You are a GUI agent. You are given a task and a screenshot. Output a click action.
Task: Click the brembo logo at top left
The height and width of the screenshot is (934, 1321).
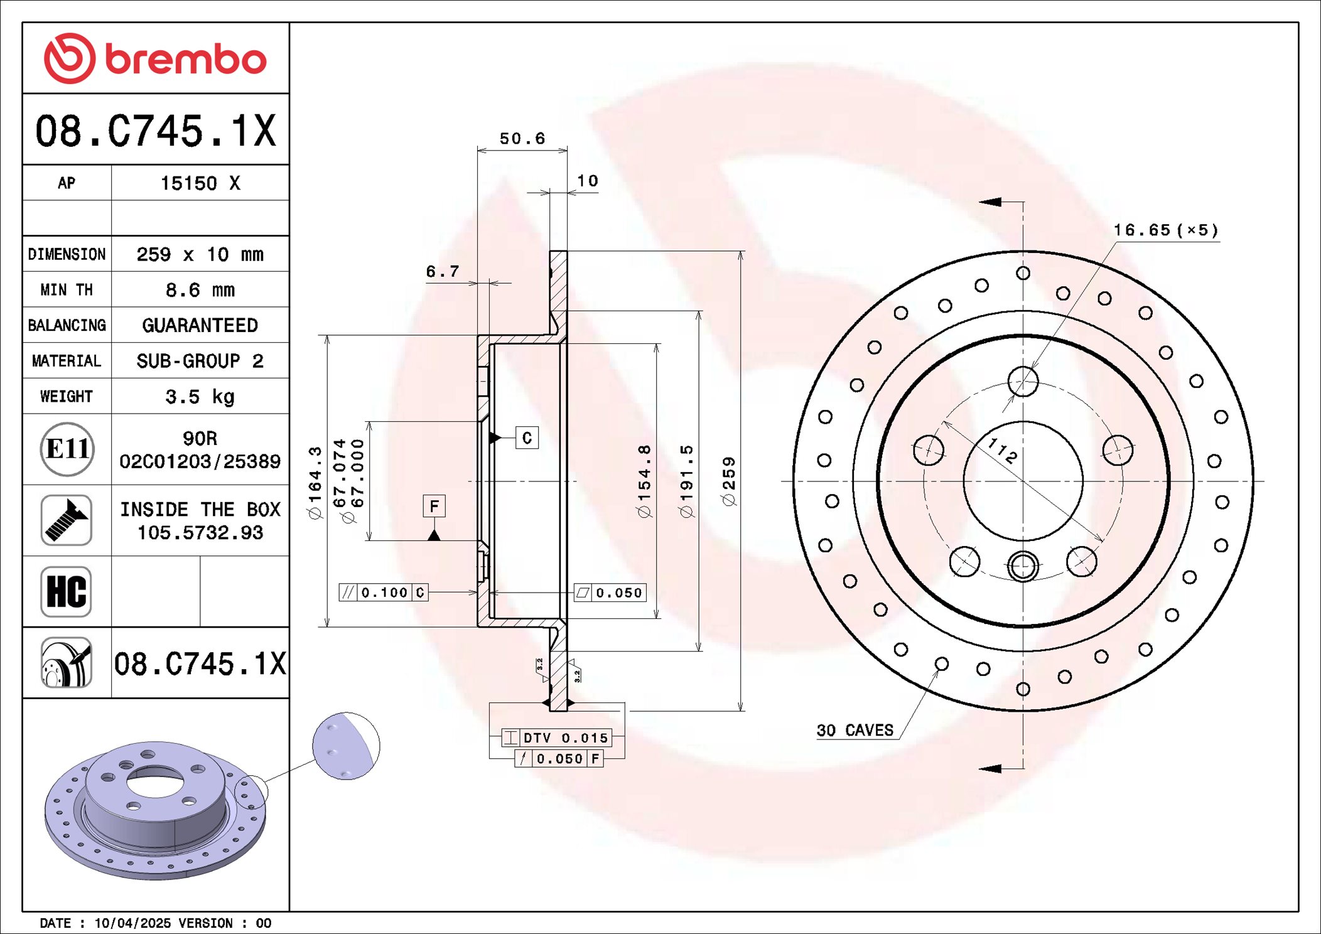(155, 58)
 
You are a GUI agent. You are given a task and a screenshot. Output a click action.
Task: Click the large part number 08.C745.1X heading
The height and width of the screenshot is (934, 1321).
(155, 131)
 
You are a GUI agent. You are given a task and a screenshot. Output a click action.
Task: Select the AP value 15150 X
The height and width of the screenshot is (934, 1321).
(200, 183)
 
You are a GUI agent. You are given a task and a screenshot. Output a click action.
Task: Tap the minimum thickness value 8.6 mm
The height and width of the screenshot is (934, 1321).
(200, 290)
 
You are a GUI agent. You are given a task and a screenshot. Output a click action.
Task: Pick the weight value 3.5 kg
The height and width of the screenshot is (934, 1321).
(200, 397)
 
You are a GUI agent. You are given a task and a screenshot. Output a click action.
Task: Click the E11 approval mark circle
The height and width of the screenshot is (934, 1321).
(67, 449)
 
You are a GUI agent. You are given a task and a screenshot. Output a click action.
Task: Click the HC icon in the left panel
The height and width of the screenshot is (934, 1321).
(67, 592)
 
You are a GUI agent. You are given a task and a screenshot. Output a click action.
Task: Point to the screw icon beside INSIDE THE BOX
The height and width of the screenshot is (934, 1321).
(67, 520)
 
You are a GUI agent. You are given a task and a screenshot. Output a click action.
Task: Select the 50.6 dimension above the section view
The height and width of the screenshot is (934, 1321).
(522, 139)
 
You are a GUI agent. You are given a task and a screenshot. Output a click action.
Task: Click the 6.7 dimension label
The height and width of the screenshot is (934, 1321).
(443, 272)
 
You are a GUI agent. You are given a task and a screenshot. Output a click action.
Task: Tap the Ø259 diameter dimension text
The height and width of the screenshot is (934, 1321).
(729, 481)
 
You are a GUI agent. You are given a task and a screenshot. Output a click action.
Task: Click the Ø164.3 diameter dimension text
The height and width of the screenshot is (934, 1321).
(315, 482)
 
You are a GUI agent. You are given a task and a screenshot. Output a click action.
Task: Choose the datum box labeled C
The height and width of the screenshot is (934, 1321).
(527, 437)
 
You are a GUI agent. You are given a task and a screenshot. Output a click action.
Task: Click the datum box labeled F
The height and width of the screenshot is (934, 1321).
(434, 506)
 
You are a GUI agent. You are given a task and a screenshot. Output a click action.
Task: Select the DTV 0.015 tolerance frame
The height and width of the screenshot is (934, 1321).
(557, 738)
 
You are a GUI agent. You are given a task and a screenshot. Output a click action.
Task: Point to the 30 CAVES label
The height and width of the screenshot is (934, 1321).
(855, 731)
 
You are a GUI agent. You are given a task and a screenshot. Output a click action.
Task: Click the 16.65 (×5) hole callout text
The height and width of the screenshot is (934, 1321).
(1165, 230)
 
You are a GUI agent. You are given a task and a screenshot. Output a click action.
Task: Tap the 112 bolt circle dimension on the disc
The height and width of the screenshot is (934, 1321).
(1002, 451)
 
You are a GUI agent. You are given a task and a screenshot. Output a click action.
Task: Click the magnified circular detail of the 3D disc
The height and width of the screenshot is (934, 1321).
(346, 746)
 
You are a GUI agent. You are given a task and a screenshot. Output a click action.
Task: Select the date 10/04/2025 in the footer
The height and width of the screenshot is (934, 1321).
(132, 923)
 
